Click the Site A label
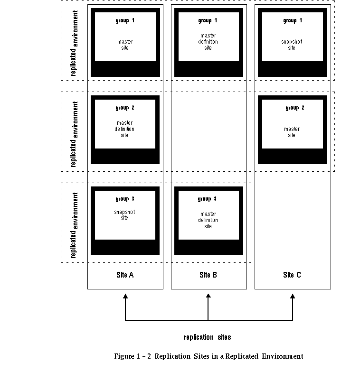[125, 275]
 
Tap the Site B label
[208, 275]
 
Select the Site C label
[292, 275]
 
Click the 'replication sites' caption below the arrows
[208, 337]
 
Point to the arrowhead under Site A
[125, 297]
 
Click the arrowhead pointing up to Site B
[208, 297]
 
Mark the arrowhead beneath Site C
[293, 297]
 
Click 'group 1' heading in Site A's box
[125, 20]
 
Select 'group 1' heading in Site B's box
[208, 20]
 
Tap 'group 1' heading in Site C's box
[292, 20]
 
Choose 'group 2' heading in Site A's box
[125, 108]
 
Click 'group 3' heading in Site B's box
[208, 199]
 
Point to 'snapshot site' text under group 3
[124, 215]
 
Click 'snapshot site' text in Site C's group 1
[292, 45]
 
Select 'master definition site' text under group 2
[124, 129]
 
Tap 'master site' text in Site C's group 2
[292, 132]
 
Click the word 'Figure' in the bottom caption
[123, 356]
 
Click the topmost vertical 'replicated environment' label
[75, 43]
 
